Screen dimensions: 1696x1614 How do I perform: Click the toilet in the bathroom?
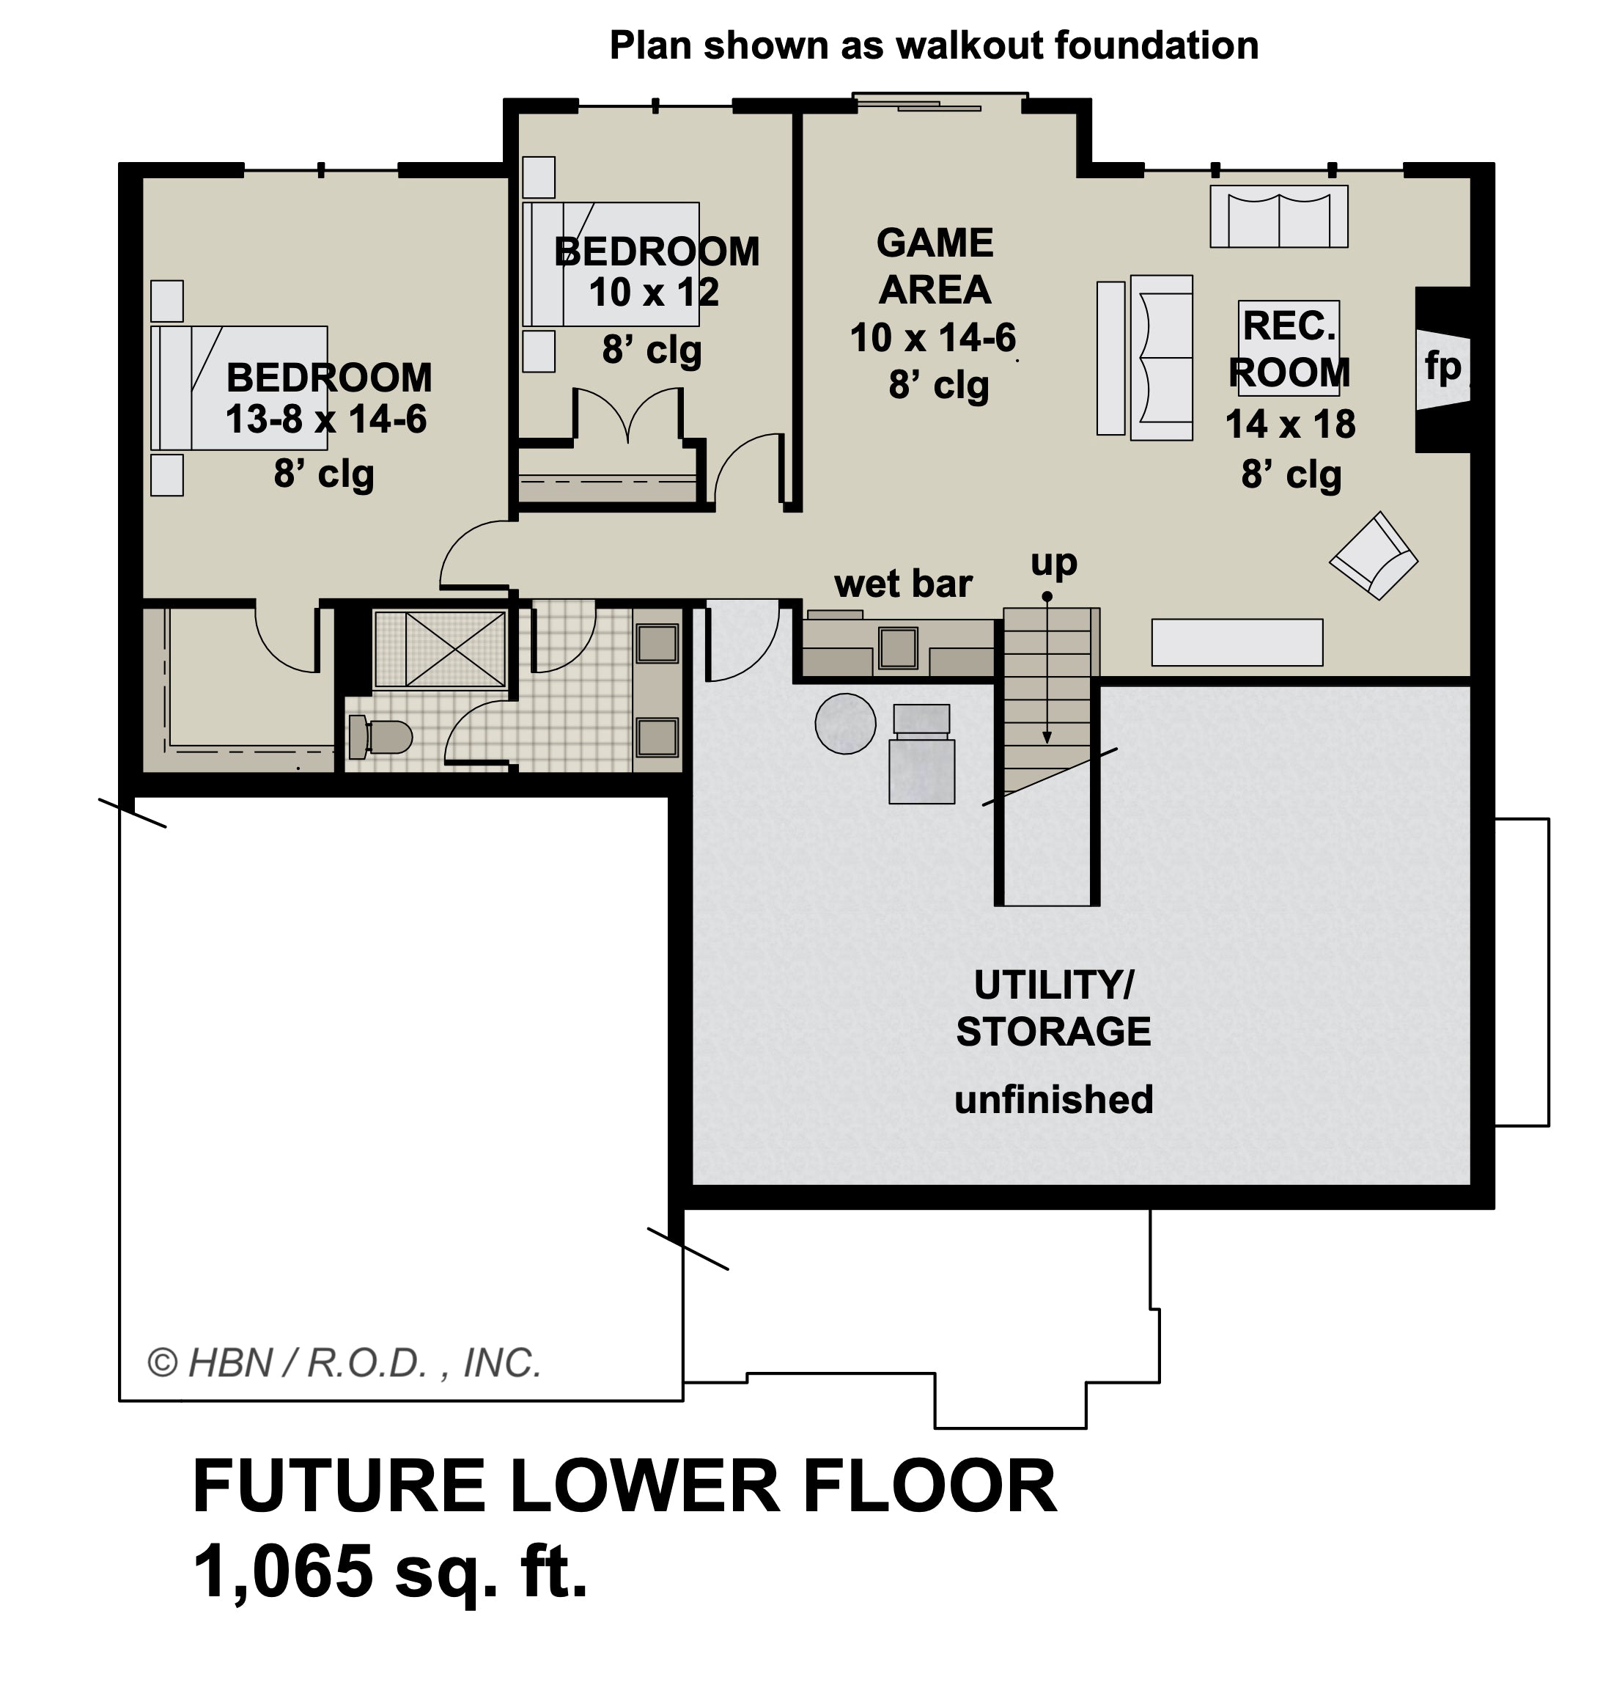(380, 738)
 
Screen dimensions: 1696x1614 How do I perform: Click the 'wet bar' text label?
(902, 584)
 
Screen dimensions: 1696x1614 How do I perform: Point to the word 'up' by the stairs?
(1053, 562)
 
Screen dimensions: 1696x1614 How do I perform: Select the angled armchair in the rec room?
(1373, 556)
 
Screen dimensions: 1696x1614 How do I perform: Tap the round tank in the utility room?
(845, 724)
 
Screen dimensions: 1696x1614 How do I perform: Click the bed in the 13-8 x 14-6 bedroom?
(239, 387)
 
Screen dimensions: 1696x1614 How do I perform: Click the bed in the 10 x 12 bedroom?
(611, 264)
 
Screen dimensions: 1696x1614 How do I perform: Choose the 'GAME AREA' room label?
(935, 267)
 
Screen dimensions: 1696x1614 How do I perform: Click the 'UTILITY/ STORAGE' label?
(1053, 1007)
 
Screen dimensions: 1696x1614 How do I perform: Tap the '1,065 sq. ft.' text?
(391, 1571)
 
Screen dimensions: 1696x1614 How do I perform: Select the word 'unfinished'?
(1053, 1100)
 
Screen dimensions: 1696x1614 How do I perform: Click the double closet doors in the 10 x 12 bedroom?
(628, 417)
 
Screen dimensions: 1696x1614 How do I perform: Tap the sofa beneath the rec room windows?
(1278, 217)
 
